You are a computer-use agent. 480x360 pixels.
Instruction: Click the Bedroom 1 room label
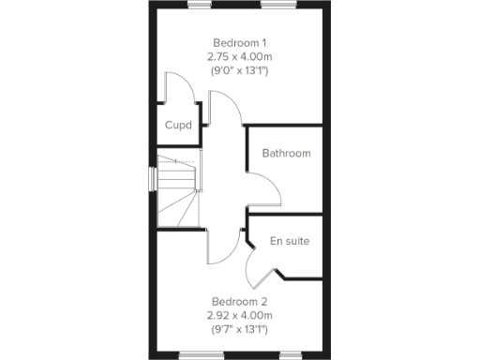(x=240, y=42)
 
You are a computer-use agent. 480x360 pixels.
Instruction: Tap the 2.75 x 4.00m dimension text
(x=240, y=56)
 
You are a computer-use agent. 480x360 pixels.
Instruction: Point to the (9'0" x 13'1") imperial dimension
(x=240, y=70)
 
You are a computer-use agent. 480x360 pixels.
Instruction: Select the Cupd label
(x=178, y=126)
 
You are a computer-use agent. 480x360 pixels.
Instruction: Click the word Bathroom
(x=286, y=154)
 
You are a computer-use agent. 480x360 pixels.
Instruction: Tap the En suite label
(x=289, y=242)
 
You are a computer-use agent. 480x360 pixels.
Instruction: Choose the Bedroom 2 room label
(x=240, y=302)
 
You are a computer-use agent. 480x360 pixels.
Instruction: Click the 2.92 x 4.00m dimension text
(x=240, y=316)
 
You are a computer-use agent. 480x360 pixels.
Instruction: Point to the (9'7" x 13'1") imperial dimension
(x=240, y=330)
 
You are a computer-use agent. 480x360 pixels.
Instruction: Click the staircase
(x=179, y=190)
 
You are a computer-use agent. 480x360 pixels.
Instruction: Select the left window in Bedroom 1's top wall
(x=199, y=6)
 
